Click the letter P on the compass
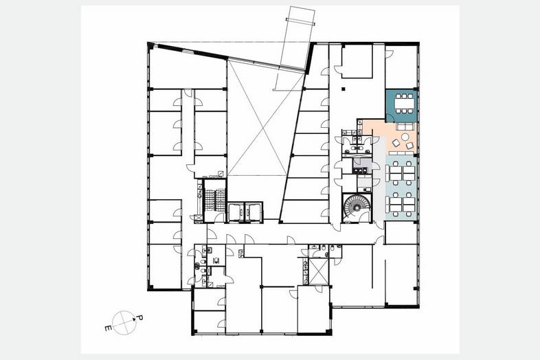click(x=140, y=317)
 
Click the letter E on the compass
click(x=108, y=328)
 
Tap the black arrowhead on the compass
click(x=133, y=319)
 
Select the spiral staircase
click(x=357, y=207)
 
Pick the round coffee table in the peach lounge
click(x=405, y=137)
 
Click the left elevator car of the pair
click(x=236, y=212)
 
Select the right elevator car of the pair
click(x=253, y=212)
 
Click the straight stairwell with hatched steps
click(x=214, y=200)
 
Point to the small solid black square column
click(x=343, y=89)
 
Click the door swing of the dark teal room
click(x=390, y=118)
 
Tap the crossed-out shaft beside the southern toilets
click(x=319, y=271)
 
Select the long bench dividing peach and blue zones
click(x=402, y=153)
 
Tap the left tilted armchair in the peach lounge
click(x=396, y=142)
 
